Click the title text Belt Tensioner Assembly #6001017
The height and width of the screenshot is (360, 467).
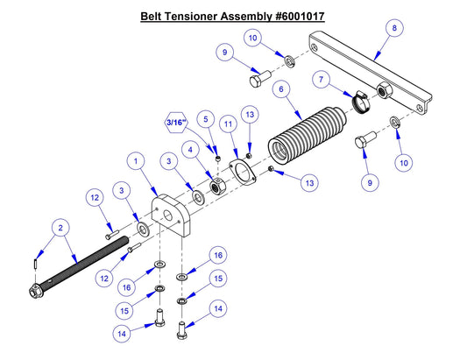[232, 17]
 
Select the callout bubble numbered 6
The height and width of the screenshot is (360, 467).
[280, 89]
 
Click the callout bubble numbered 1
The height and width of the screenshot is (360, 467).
[137, 161]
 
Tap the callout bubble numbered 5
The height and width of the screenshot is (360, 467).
[206, 117]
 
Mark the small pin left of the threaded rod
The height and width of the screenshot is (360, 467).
[33, 262]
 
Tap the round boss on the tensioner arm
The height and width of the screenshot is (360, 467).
[382, 90]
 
